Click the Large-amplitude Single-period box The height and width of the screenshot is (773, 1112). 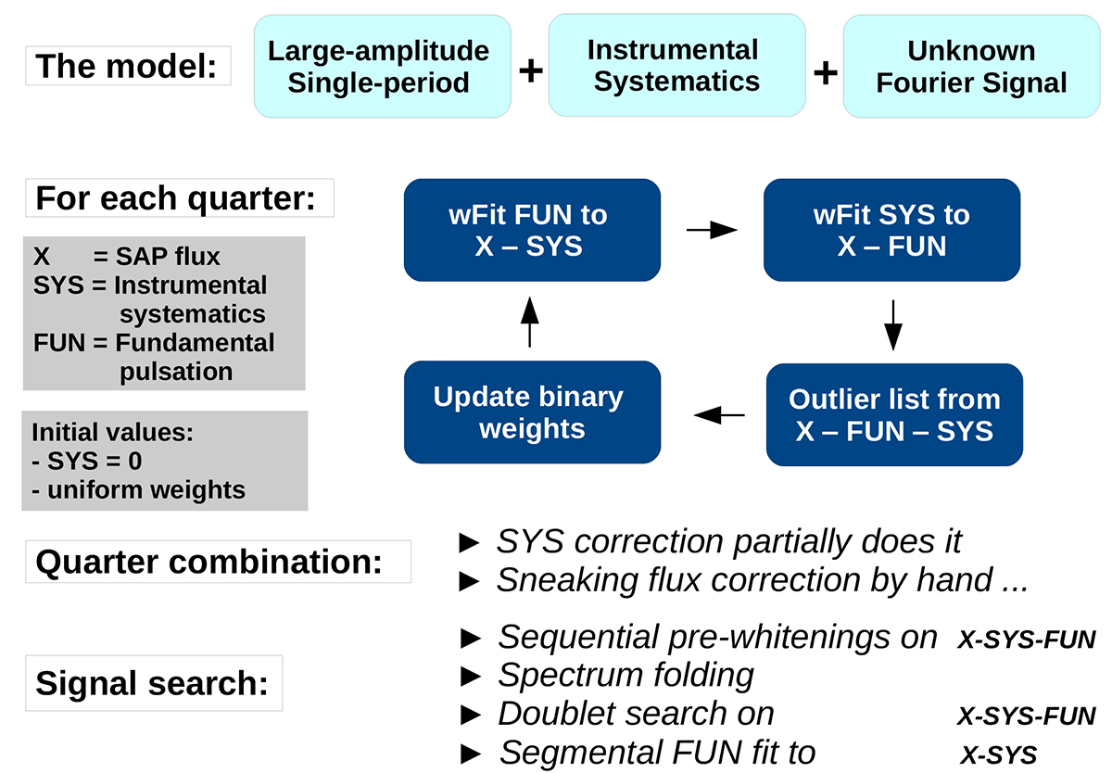382,66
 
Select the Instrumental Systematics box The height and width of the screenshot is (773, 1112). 676,65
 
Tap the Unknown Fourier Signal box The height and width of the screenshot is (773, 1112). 971,66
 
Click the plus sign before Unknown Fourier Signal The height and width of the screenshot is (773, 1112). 826,72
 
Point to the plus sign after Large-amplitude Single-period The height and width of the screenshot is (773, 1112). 531,70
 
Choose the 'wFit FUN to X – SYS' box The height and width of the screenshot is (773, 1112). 532,230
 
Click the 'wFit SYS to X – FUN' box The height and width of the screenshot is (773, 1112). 891,230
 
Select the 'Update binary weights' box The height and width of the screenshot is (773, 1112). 532,412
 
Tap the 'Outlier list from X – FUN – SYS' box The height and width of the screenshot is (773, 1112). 894,414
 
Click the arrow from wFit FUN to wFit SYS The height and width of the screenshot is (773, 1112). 712,230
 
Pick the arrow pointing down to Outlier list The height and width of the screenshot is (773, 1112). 893,325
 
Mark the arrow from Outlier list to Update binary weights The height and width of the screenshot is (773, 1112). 719,415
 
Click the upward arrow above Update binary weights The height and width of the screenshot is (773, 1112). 530,322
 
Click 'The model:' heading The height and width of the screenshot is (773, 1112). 128,66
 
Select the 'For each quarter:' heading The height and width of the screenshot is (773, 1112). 180,197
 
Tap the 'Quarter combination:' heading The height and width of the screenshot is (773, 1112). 219,561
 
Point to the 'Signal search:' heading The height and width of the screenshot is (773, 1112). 154,683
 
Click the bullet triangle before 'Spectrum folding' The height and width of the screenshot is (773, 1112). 471,677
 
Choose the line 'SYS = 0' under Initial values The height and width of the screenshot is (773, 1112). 87,462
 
